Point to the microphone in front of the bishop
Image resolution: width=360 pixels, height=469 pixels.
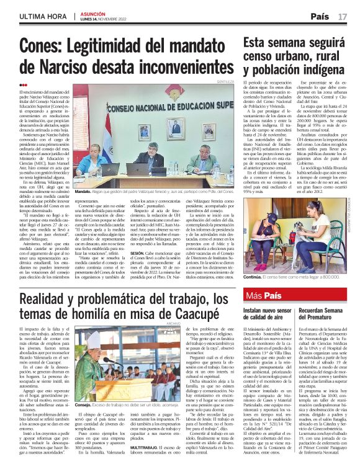coord(109,359)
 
